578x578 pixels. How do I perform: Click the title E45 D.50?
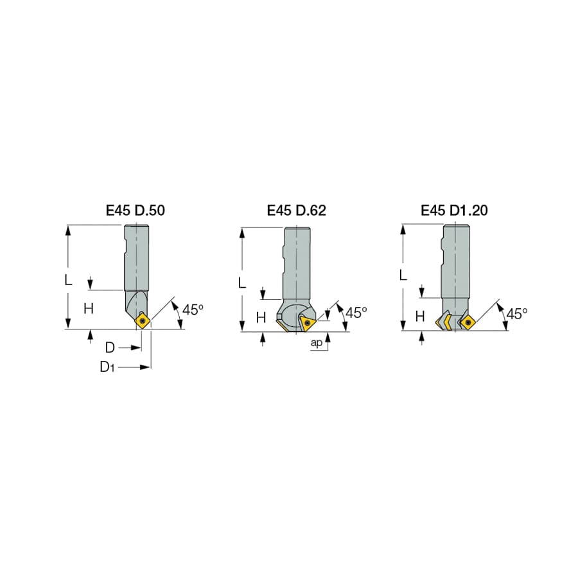pyautogui.click(x=136, y=211)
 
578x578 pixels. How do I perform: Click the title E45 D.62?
pyautogui.click(x=296, y=211)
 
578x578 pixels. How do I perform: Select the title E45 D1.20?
pyautogui.click(x=454, y=211)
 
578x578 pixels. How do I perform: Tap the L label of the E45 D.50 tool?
pyautogui.click(x=68, y=280)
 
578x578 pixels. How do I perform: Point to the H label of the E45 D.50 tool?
pyautogui.click(x=89, y=308)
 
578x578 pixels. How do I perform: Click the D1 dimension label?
pyautogui.click(x=107, y=367)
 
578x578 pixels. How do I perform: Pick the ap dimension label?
pyautogui.click(x=316, y=343)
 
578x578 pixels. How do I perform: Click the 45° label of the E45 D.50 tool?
pyautogui.click(x=193, y=310)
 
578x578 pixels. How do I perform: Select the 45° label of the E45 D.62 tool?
pyautogui.click(x=356, y=313)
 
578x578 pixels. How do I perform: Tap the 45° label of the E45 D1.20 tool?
pyautogui.click(x=517, y=313)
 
